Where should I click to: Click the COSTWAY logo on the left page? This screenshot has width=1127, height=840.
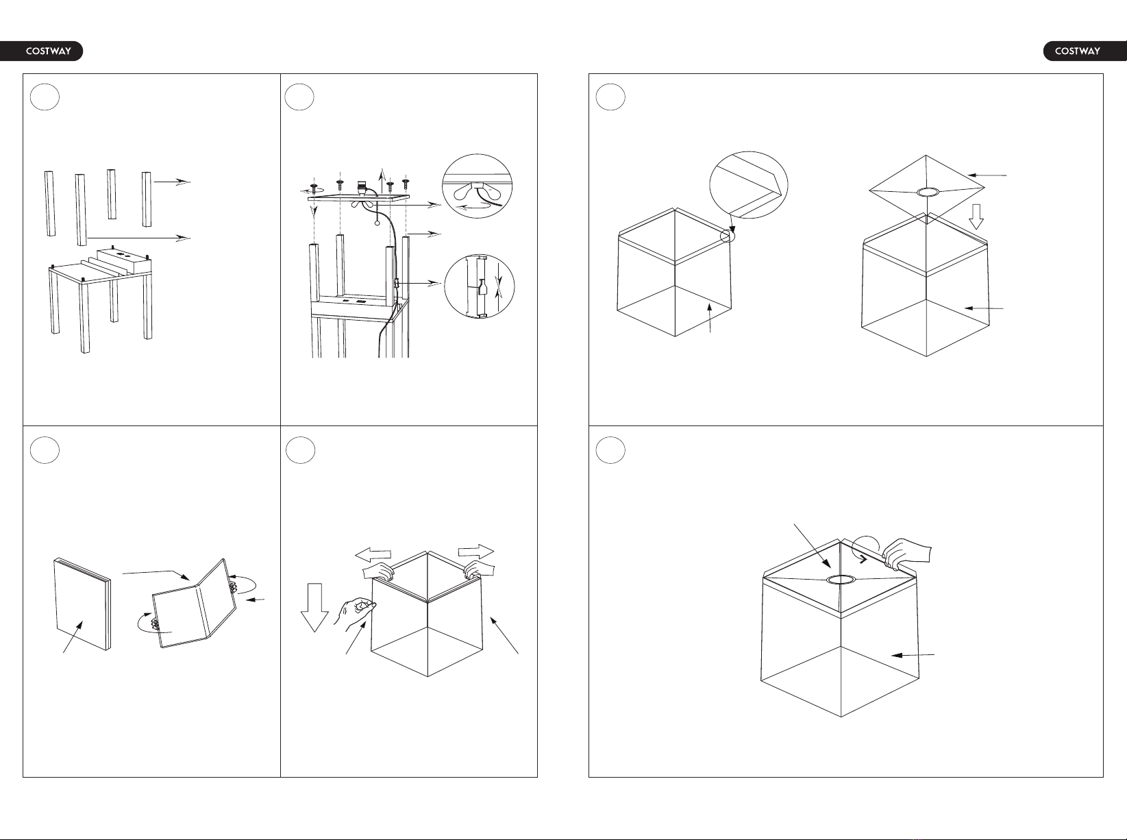click(x=42, y=51)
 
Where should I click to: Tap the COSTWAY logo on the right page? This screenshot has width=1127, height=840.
click(x=1085, y=51)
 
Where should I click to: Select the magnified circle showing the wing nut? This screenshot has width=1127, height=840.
click(x=477, y=186)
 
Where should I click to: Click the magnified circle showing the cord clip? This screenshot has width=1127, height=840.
click(x=480, y=286)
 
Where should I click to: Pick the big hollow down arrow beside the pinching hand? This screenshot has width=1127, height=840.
click(x=314, y=608)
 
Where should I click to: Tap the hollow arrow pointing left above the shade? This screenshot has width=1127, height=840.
click(x=373, y=555)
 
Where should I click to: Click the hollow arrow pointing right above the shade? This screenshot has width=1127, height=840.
click(x=476, y=552)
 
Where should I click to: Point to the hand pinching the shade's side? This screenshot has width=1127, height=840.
click(x=356, y=614)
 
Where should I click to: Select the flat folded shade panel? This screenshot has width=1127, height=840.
click(x=82, y=604)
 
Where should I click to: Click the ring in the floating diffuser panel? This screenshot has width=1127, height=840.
click(x=928, y=192)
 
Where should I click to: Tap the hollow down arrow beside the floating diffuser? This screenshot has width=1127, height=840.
click(x=976, y=217)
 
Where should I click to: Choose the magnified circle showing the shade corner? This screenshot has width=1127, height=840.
click(x=749, y=185)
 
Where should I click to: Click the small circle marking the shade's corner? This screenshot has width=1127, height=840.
click(x=728, y=236)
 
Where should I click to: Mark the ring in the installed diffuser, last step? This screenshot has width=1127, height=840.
click(x=841, y=580)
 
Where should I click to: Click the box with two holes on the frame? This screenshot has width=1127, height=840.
click(x=125, y=260)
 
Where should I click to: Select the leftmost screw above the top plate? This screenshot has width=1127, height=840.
click(x=314, y=188)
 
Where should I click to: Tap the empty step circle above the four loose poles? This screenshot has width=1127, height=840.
click(x=45, y=97)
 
